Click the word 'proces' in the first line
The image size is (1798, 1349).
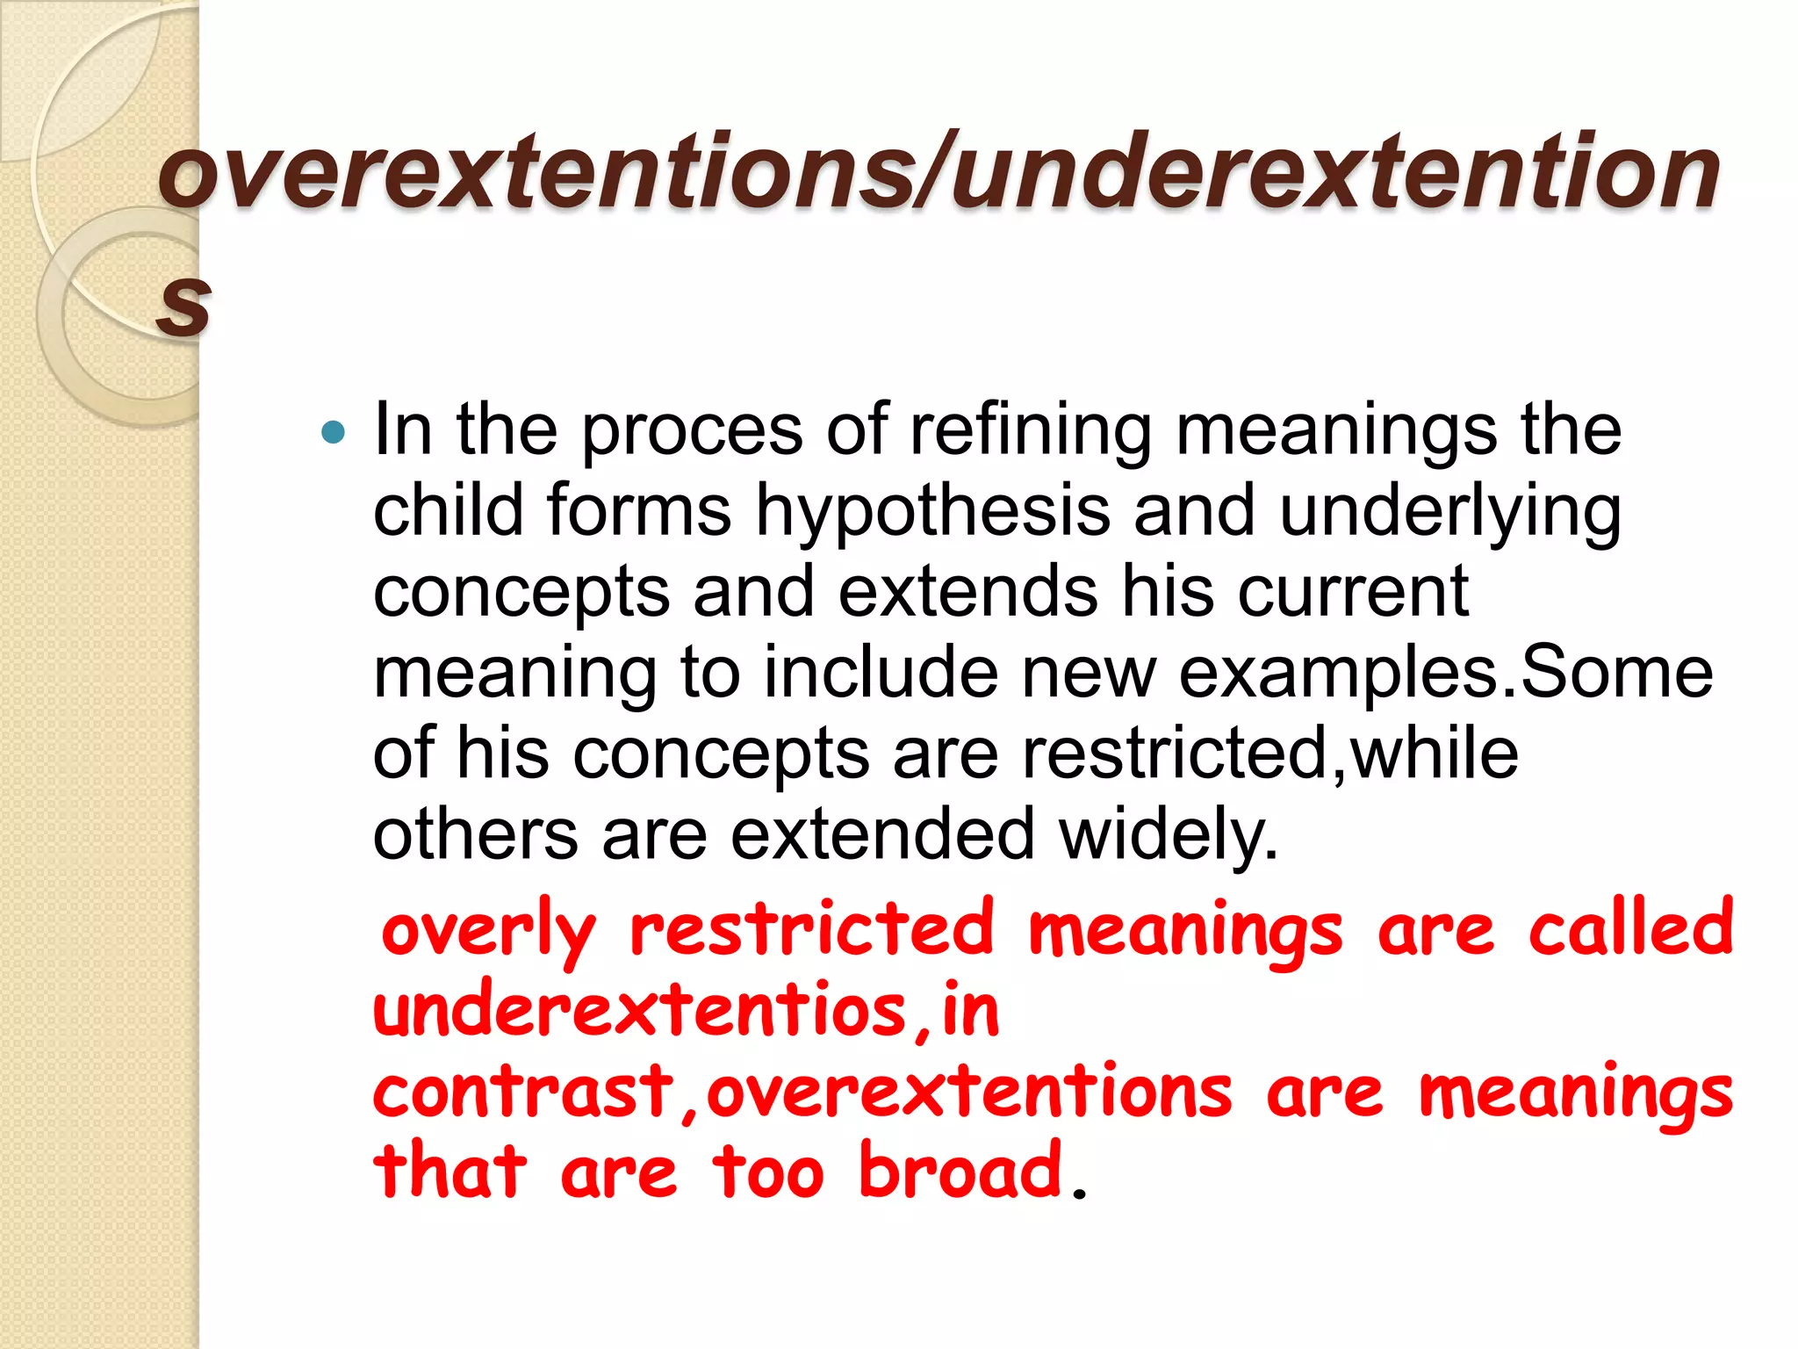692,432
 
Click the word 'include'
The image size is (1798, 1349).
880,672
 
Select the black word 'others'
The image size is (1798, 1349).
475,833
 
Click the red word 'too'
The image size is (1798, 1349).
768,1172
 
